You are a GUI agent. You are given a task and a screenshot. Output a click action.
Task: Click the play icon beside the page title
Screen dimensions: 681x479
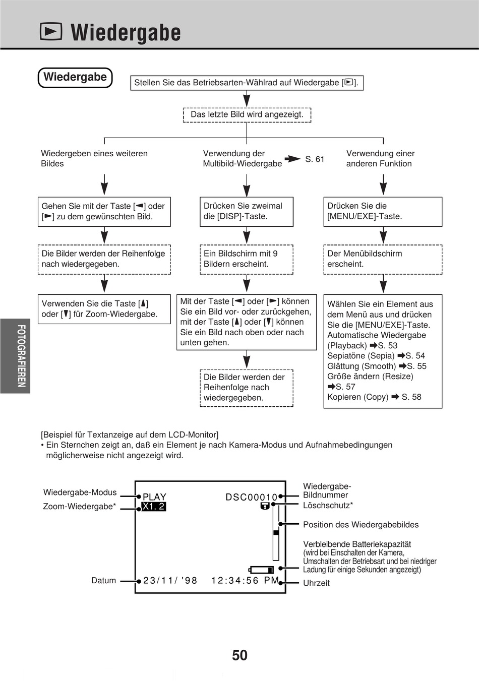[51, 32]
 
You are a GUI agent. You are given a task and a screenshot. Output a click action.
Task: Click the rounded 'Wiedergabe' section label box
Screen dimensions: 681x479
[75, 78]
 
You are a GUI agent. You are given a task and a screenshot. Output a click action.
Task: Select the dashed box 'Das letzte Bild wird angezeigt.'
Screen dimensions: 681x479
[247, 115]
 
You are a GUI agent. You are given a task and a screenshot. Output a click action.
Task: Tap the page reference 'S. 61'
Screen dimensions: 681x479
[315, 159]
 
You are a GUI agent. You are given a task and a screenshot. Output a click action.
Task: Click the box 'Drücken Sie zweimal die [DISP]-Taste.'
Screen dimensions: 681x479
[246, 211]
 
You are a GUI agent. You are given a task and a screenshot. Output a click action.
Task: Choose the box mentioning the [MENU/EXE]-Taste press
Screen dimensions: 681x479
[382, 211]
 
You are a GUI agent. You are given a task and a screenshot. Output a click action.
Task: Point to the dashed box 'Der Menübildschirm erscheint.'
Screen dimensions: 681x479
[382, 259]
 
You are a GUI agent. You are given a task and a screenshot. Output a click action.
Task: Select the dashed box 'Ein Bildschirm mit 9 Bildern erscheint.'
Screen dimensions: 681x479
[246, 259]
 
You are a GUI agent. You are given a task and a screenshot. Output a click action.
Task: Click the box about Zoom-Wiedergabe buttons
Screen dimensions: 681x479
[104, 309]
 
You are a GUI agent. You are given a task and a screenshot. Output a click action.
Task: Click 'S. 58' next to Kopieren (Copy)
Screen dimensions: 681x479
[411, 397]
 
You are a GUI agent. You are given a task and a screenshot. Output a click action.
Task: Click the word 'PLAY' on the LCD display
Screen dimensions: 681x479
[154, 497]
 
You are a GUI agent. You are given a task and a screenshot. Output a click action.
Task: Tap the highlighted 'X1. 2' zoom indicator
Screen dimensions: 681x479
[154, 507]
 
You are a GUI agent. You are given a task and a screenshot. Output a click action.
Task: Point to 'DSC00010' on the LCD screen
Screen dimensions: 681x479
[251, 498]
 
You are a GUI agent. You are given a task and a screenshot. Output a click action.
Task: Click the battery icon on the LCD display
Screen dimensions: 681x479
[262, 570]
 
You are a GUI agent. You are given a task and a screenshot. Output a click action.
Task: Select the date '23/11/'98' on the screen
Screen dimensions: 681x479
[170, 581]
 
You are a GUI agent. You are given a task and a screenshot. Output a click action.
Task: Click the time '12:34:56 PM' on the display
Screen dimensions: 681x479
[245, 581]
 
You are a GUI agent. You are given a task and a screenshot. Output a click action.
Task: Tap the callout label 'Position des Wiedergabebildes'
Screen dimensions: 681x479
[361, 525]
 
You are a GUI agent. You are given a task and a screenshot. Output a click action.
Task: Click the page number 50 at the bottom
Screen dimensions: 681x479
[239, 655]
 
